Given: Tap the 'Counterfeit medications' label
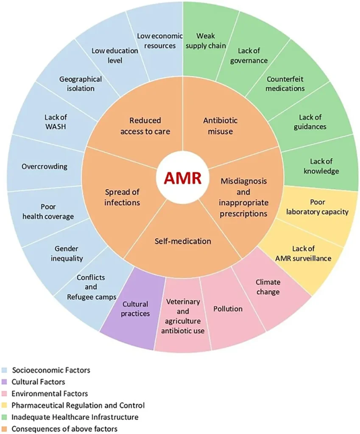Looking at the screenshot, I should point(285,83).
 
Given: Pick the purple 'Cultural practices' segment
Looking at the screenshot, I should point(136,309).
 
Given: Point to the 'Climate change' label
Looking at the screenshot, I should point(268,287).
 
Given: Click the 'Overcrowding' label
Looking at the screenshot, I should point(45,166).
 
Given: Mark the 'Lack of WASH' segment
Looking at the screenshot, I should point(56,122).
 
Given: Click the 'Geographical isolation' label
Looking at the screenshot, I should point(81,83).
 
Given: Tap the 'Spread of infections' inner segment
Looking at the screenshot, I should point(122,197).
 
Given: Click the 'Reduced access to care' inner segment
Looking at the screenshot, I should point(145,126).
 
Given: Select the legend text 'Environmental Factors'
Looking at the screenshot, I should point(50,394).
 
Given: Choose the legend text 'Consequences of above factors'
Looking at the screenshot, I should point(64,428).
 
